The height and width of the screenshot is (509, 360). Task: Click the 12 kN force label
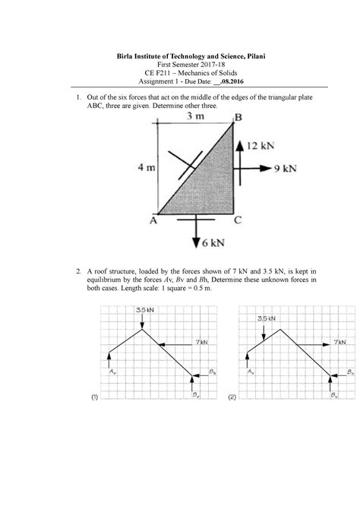tap(264, 144)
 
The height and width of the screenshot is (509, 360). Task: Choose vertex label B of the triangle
tap(238, 117)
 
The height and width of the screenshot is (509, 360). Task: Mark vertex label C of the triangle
tap(238, 221)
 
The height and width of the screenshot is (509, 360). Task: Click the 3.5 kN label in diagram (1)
tap(143, 311)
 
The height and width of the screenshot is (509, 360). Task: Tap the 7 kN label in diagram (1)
tap(200, 343)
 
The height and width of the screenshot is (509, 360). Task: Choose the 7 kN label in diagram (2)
tap(337, 343)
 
